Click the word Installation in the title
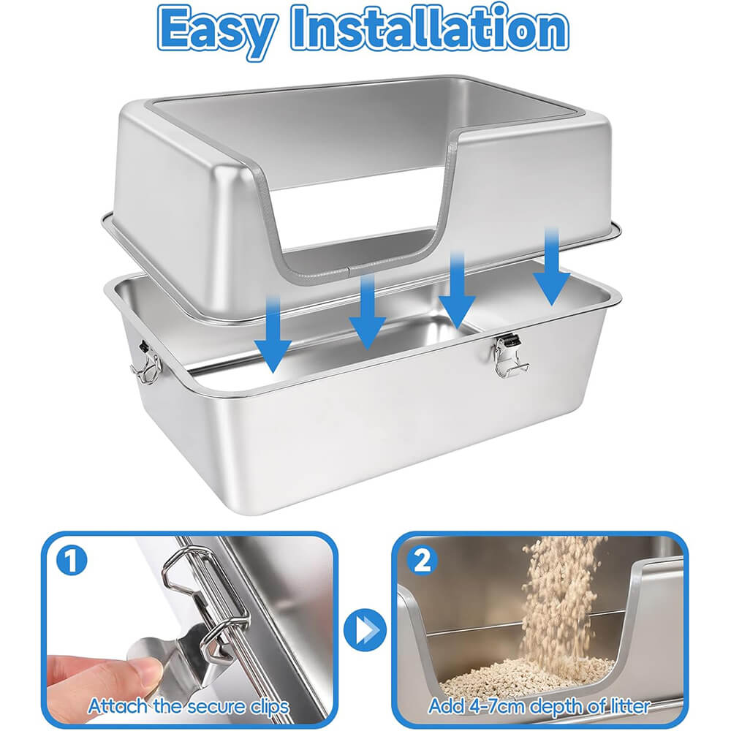(431, 27)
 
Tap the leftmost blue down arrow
(273, 335)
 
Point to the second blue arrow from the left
(368, 311)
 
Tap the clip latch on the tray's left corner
(146, 362)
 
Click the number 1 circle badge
(72, 561)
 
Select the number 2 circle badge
(423, 561)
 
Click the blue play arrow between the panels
(365, 630)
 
